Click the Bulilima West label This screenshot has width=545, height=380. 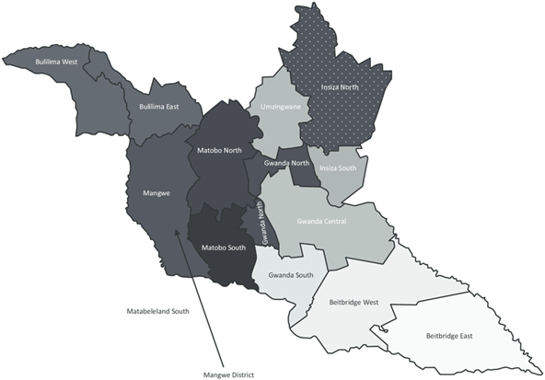click(x=55, y=62)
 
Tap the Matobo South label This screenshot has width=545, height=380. click(x=221, y=246)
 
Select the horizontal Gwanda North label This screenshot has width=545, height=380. click(x=286, y=163)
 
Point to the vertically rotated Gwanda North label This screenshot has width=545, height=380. click(x=263, y=225)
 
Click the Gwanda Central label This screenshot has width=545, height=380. click(x=321, y=221)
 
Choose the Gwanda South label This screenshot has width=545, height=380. click(x=289, y=274)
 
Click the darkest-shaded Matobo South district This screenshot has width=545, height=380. click(x=221, y=262)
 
